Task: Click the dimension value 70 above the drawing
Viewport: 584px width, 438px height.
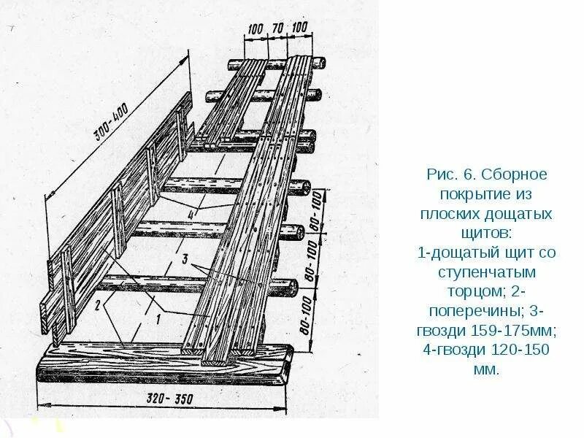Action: click(277, 29)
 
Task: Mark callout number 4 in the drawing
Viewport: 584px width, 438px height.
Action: click(191, 214)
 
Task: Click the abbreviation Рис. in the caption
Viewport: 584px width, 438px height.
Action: click(441, 176)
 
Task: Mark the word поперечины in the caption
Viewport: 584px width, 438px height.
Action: click(469, 311)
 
